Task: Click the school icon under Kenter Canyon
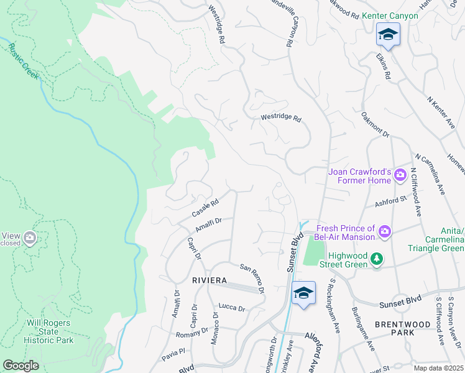pyautogui.click(x=388, y=34)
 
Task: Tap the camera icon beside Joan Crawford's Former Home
pyautogui.click(x=401, y=175)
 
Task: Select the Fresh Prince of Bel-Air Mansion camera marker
pyautogui.click(x=385, y=232)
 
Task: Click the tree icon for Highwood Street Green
pyautogui.click(x=375, y=259)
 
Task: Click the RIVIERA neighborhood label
pyautogui.click(x=208, y=280)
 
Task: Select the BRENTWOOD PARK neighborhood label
pyautogui.click(x=401, y=329)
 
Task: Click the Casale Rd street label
pyautogui.click(x=206, y=208)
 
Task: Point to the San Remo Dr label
pyautogui.click(x=253, y=278)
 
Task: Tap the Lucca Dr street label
pyautogui.click(x=232, y=308)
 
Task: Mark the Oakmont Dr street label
pyautogui.click(x=375, y=124)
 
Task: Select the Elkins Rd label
pyautogui.click(x=383, y=65)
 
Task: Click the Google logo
pyautogui.click(x=21, y=365)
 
